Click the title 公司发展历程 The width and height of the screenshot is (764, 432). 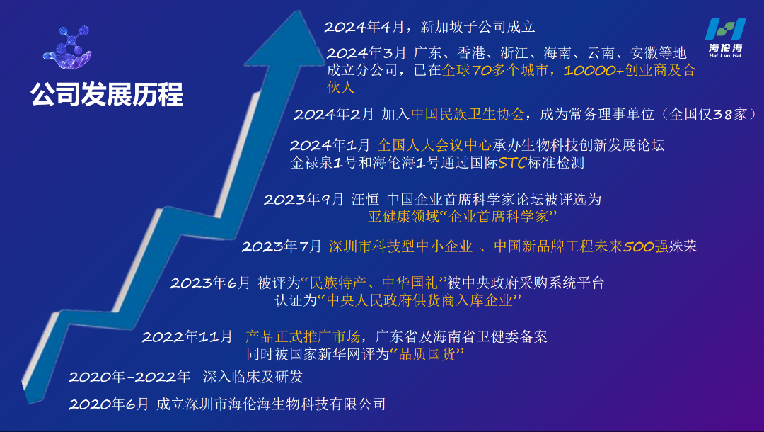coord(107,94)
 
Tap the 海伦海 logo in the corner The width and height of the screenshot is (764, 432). coord(725,38)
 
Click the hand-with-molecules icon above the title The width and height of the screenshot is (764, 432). coord(68,47)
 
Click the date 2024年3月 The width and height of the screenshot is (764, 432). coord(367,53)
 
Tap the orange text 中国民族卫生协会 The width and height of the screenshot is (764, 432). coord(468,114)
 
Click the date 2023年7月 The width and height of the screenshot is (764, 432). coord(282,247)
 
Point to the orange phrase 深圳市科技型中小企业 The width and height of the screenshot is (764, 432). coord(400,247)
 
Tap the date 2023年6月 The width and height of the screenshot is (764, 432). coord(210,283)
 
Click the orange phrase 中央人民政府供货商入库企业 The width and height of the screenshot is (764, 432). coord(419,301)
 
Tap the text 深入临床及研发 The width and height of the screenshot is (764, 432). coord(253,377)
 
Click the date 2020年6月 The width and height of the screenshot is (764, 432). coord(109,404)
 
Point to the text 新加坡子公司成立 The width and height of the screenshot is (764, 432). coord(477,28)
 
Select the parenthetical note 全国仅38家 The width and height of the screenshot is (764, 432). coord(705,114)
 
